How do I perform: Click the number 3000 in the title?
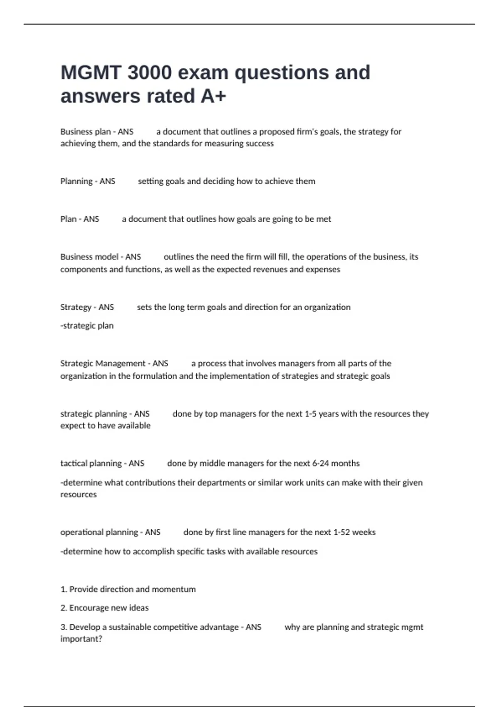(149, 72)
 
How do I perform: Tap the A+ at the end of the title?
(213, 96)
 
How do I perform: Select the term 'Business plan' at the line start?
(85, 132)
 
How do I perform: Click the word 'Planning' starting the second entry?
(77, 181)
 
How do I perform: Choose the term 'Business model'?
(89, 257)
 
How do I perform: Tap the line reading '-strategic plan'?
(87, 326)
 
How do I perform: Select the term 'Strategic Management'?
(103, 363)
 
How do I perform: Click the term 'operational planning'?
(99, 532)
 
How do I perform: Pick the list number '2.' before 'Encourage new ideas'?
(64, 608)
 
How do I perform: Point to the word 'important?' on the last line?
(81, 639)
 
